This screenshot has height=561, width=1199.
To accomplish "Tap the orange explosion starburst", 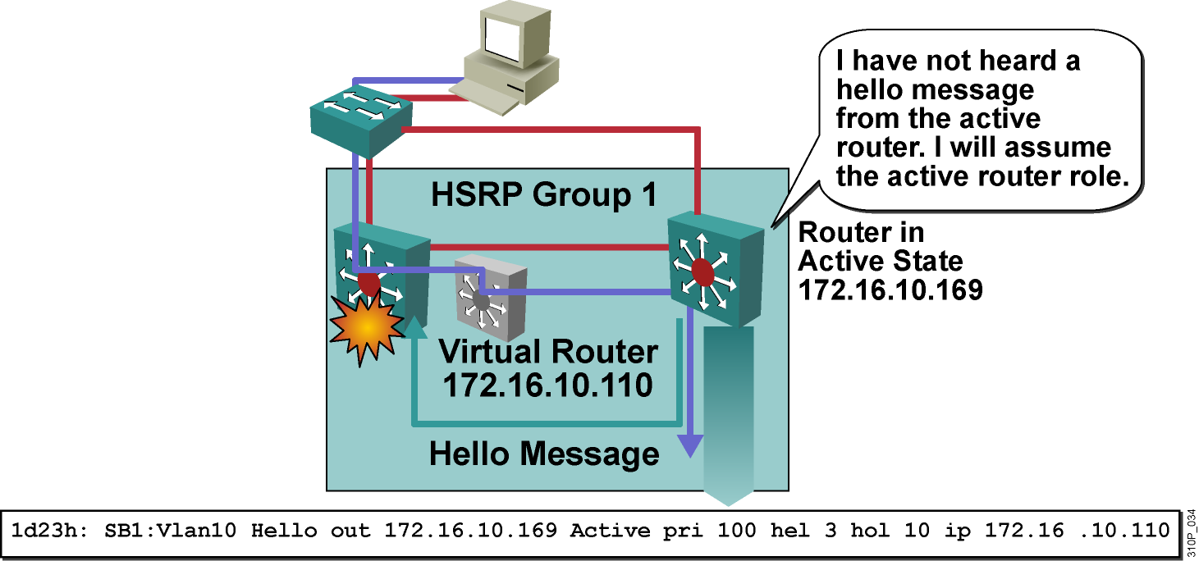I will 367,328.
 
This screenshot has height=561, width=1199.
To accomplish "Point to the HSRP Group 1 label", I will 544,195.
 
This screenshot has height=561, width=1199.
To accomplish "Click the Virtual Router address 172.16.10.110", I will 548,385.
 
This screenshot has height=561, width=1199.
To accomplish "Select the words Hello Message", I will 544,454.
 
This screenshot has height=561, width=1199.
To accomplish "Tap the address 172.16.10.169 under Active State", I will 890,290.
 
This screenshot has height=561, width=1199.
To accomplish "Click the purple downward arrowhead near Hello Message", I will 693,445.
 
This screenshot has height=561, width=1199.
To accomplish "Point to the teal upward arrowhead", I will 416,328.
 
